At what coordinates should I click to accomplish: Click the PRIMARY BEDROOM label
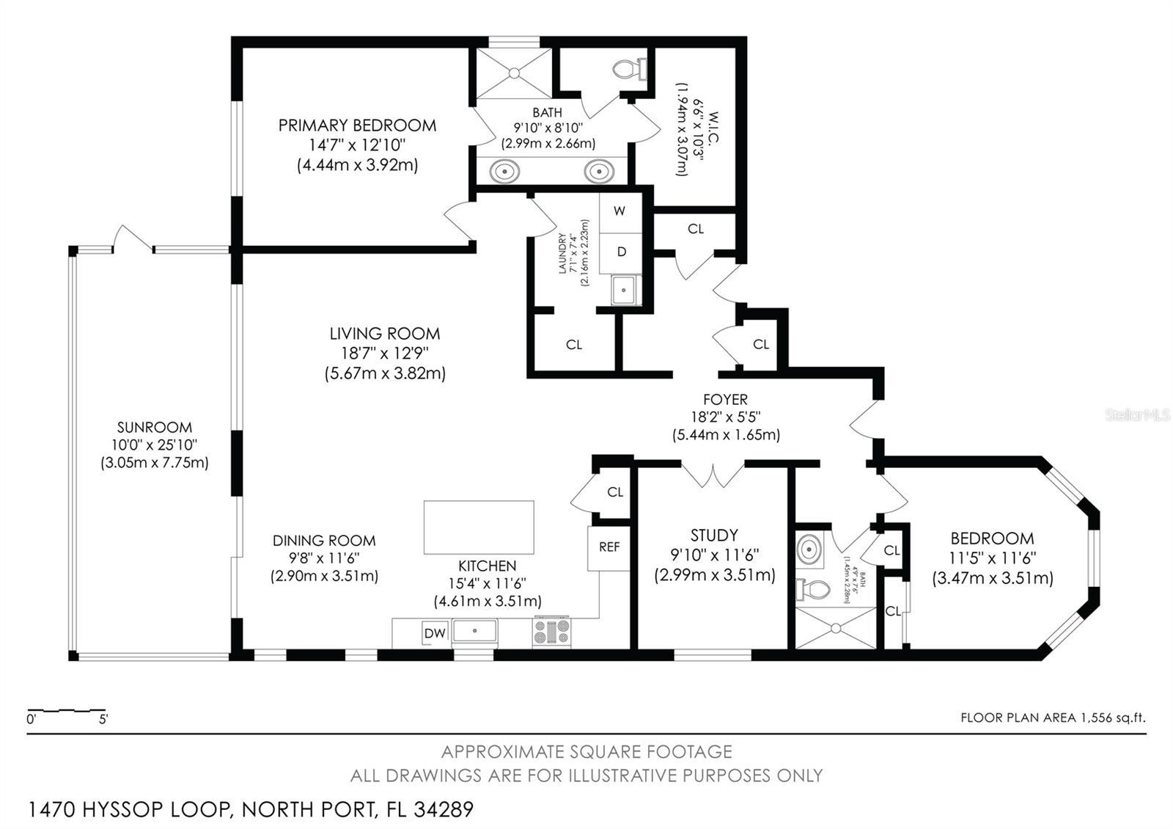(x=357, y=125)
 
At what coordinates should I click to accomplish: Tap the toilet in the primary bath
(x=630, y=69)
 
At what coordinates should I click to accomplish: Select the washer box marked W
(x=621, y=212)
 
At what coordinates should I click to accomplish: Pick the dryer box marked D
(x=621, y=253)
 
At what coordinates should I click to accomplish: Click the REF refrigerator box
(x=608, y=548)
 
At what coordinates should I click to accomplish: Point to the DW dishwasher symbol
(x=434, y=634)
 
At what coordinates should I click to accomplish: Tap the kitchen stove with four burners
(x=551, y=632)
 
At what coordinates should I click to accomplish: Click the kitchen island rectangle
(x=479, y=527)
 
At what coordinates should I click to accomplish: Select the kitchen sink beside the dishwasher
(x=475, y=631)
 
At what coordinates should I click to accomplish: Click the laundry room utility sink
(x=625, y=290)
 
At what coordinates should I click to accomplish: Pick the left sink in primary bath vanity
(x=505, y=172)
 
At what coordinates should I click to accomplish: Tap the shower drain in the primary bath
(x=514, y=73)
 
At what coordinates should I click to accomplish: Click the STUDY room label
(x=714, y=535)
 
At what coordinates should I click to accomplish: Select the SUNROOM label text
(x=155, y=427)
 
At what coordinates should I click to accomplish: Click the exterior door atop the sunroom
(x=133, y=238)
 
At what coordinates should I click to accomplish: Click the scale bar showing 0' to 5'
(x=67, y=711)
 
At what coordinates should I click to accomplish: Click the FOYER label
(x=725, y=399)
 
